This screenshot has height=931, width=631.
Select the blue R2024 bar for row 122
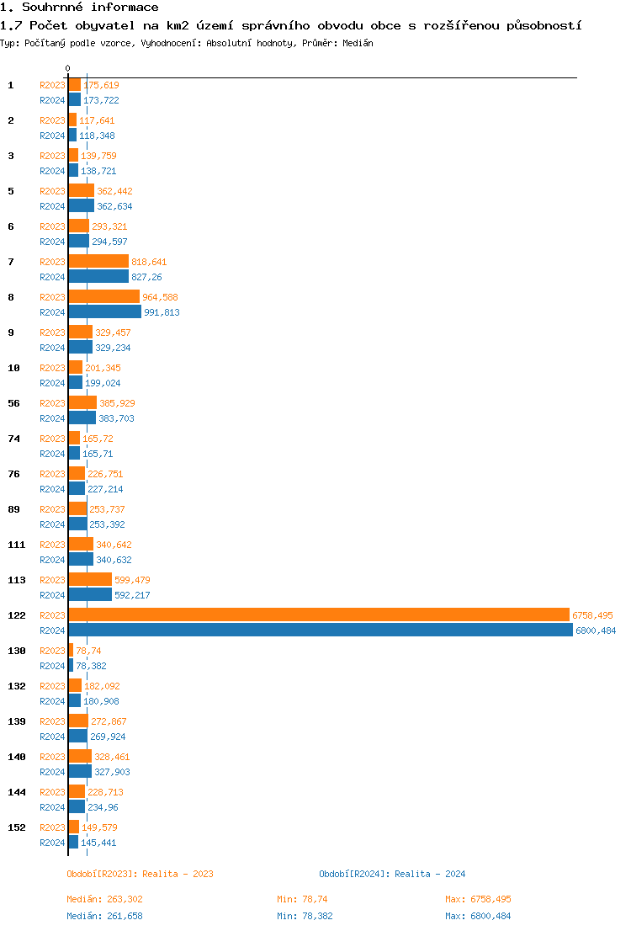tap(321, 630)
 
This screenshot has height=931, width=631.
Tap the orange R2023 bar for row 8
tap(103, 297)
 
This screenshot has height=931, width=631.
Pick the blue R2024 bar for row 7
tap(98, 277)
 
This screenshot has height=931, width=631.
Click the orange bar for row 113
tap(90, 580)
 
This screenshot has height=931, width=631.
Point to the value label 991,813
tap(162, 312)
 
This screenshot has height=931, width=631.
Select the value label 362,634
tap(114, 206)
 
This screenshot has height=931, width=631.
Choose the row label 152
tap(16, 827)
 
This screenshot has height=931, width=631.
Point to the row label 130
tap(16, 651)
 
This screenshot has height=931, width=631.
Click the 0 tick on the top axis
tap(68, 68)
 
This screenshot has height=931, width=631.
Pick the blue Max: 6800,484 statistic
tap(478, 916)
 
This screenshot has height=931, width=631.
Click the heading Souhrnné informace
tap(79, 8)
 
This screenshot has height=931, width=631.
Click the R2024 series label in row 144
tap(52, 807)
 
